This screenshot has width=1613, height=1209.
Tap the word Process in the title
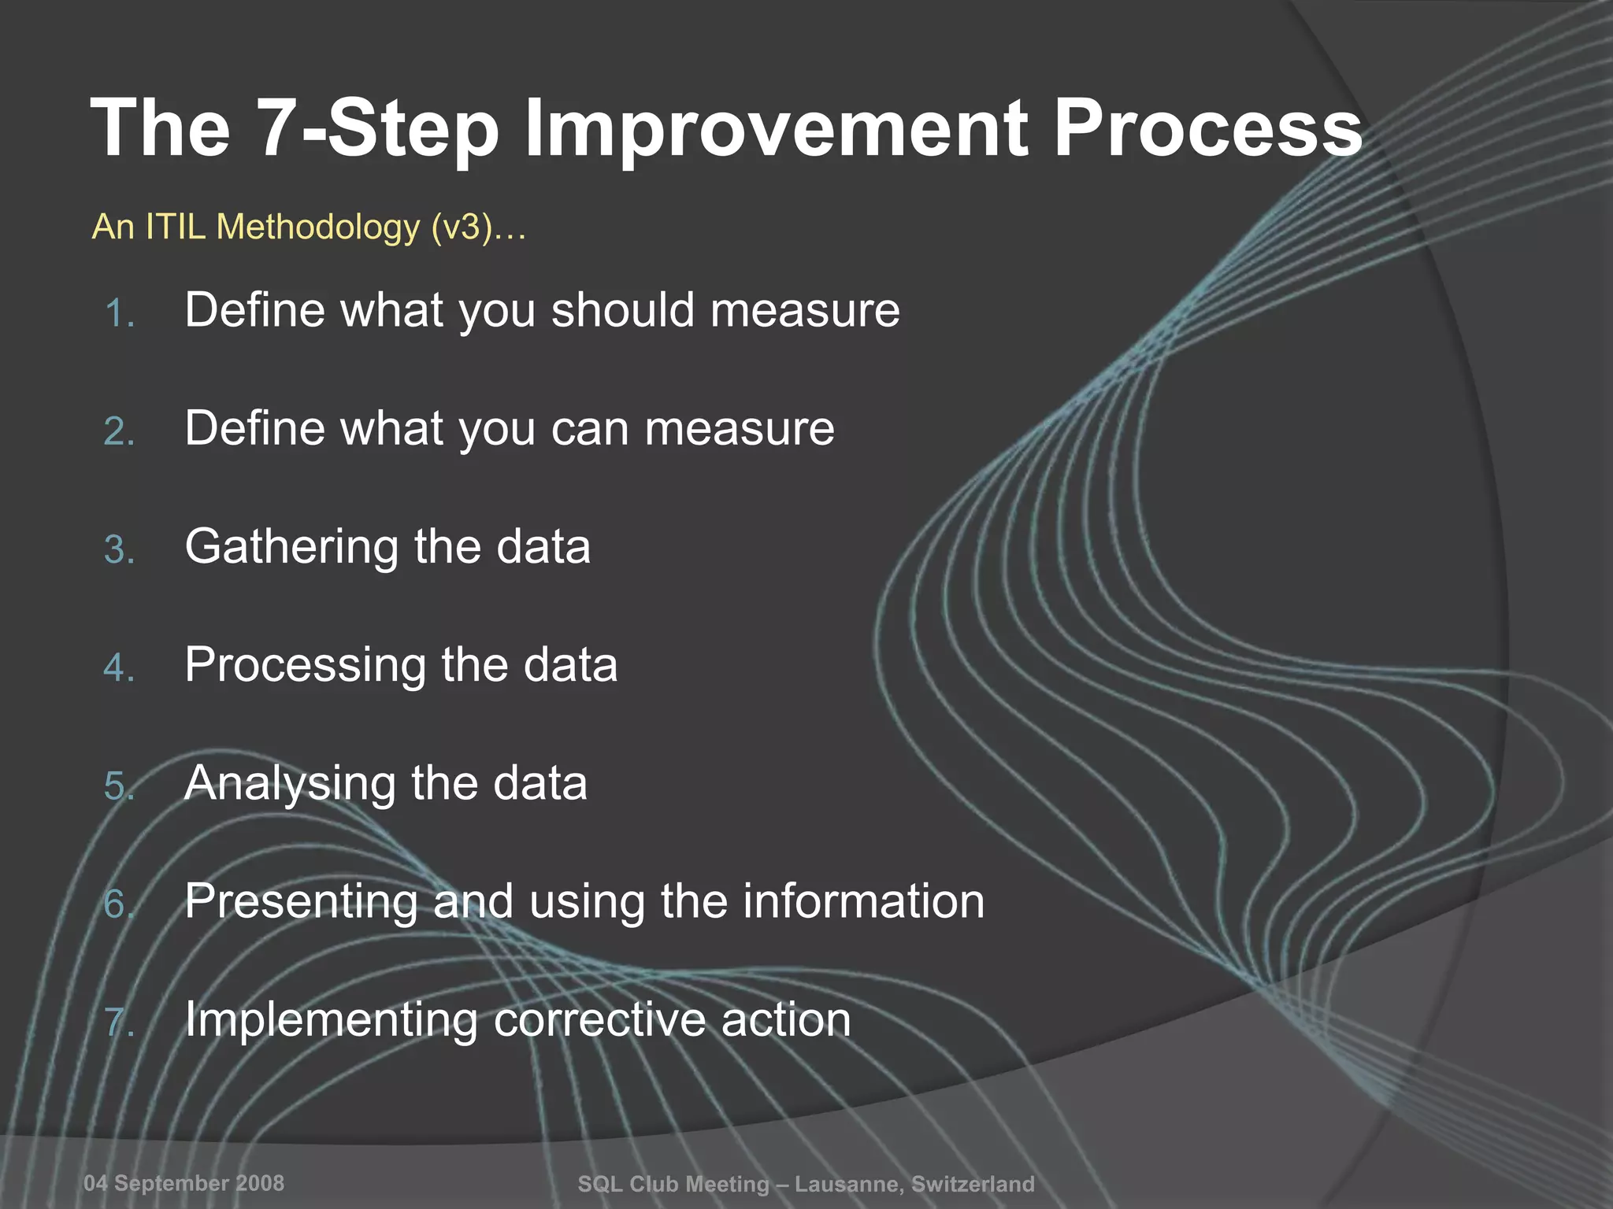1207,128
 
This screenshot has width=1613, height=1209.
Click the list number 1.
119,313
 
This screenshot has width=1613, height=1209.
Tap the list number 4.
119,668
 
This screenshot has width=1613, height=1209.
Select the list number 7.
119,1023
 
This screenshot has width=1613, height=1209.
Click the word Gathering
291,548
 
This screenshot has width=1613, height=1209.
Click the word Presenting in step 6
300,902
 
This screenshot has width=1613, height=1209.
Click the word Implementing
331,1021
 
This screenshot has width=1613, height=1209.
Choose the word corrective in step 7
599,1020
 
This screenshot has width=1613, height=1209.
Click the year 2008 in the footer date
260,1183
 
